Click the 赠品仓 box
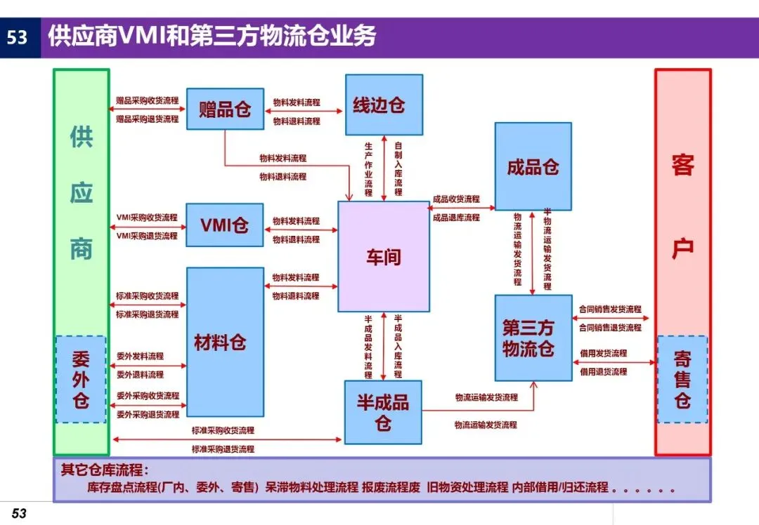click(x=225, y=109)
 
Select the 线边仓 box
click(x=384, y=105)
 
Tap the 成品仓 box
click(x=533, y=166)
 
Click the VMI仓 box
click(x=225, y=225)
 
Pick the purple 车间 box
click(x=384, y=257)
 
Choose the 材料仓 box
click(x=225, y=343)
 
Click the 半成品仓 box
click(x=383, y=412)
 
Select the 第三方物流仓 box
click(x=533, y=338)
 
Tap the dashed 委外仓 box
click(x=81, y=379)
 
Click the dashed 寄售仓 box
click(x=682, y=379)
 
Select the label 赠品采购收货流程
click(x=148, y=101)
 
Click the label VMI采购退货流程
click(x=148, y=236)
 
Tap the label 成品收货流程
click(x=456, y=199)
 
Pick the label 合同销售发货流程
click(x=610, y=309)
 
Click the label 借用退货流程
click(x=604, y=371)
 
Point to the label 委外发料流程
click(x=140, y=357)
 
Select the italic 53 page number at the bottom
click(x=19, y=514)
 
